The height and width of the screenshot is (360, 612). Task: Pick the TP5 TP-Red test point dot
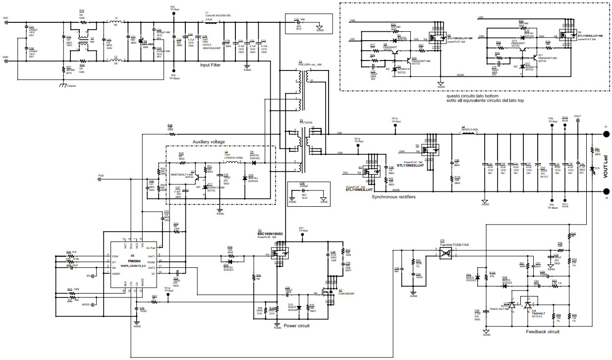point(173,14)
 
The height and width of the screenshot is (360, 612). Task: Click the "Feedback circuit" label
point(543,331)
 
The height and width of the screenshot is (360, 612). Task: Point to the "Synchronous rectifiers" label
point(393,197)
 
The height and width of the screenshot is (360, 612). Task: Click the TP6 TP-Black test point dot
point(173,70)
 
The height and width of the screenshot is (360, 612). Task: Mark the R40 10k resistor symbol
point(254,276)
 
